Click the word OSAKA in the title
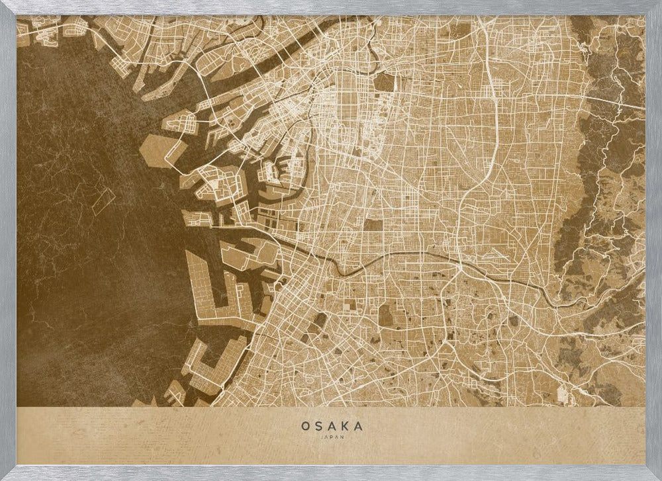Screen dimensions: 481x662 (332, 427)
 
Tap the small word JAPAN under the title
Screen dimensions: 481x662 (332, 437)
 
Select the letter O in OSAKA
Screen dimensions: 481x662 (305, 427)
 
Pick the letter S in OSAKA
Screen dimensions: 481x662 (318, 427)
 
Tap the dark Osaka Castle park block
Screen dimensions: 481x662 (384, 82)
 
